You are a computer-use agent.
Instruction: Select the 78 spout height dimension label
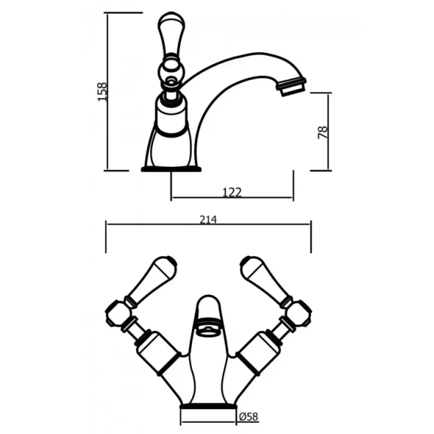click(x=323, y=131)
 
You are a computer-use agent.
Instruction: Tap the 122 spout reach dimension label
click(x=232, y=192)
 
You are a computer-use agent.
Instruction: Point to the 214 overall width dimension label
click(x=208, y=220)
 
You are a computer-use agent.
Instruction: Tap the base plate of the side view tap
click(x=170, y=168)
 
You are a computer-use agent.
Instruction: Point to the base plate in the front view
click(x=208, y=405)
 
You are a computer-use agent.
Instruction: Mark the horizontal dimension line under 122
click(x=232, y=198)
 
